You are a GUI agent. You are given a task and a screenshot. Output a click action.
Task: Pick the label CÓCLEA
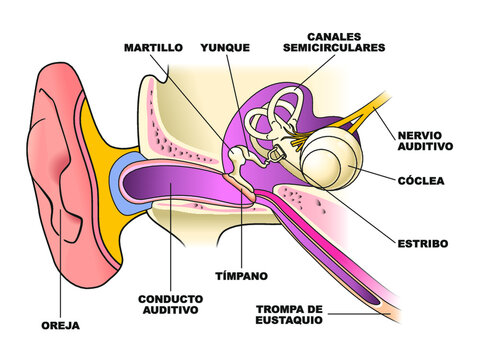click(x=421, y=182)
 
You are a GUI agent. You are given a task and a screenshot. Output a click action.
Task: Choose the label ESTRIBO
click(x=421, y=243)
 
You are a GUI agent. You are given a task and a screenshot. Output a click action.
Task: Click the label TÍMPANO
click(x=242, y=274)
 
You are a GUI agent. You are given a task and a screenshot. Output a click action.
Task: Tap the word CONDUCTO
click(x=170, y=299)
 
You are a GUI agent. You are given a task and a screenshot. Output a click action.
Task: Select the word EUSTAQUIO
click(x=291, y=322)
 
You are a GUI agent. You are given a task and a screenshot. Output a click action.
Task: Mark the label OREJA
click(x=61, y=325)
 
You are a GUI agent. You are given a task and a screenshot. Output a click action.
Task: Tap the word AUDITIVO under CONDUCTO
click(x=170, y=312)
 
